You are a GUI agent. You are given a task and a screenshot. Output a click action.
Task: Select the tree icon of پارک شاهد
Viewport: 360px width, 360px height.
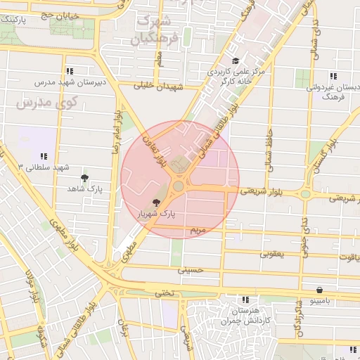(85, 179)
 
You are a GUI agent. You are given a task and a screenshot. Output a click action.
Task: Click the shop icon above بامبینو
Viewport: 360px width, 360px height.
(320, 290)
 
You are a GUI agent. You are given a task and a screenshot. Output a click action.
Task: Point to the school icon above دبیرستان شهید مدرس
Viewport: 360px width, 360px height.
(69, 71)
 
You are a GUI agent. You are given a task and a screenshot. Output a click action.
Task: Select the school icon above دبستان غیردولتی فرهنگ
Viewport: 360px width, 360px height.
(333, 77)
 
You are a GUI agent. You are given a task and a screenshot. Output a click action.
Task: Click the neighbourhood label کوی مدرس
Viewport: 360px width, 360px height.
(36, 104)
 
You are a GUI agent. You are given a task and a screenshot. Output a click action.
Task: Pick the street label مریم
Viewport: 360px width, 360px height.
(198, 230)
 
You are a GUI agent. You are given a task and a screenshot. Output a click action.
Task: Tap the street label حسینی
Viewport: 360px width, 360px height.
(191, 269)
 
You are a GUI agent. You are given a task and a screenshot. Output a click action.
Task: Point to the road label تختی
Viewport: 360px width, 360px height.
(164, 292)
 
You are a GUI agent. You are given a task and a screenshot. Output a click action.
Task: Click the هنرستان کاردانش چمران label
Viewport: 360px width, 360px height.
(244, 315)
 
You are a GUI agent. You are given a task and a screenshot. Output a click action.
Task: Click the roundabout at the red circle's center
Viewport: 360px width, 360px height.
(179, 186)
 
